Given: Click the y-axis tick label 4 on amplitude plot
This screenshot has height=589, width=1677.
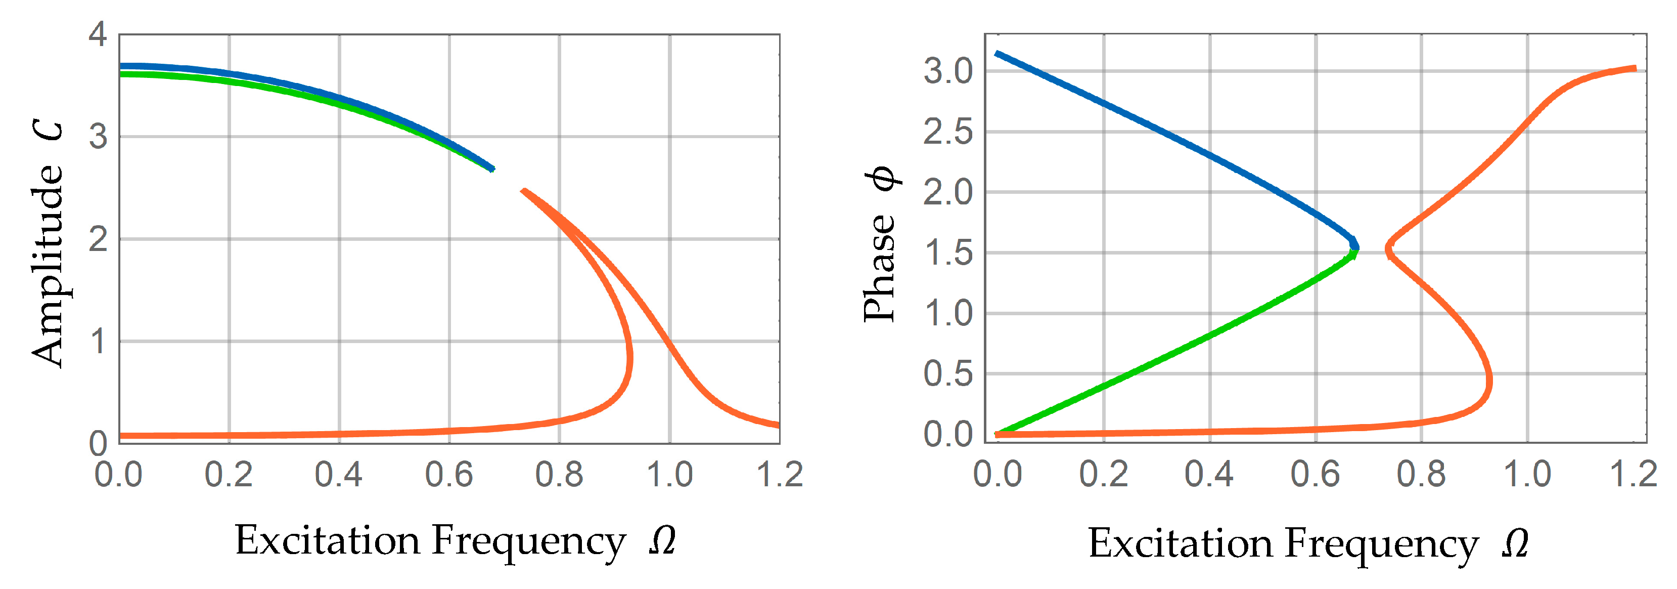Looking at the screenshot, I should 98,34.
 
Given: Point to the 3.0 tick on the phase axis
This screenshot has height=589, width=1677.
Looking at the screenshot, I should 948,71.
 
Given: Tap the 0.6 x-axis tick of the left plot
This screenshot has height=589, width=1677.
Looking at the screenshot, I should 448,474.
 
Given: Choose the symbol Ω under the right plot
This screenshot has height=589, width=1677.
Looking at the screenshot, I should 1515,543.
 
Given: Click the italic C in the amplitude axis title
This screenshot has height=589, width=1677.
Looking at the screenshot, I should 48,131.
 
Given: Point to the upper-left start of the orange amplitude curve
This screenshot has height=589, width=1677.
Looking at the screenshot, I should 523,191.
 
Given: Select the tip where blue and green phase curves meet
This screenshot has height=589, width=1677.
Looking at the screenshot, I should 1356,247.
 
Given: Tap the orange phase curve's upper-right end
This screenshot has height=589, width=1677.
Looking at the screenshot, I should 1635,68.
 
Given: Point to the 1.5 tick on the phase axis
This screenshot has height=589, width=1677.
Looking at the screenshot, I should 948,253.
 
